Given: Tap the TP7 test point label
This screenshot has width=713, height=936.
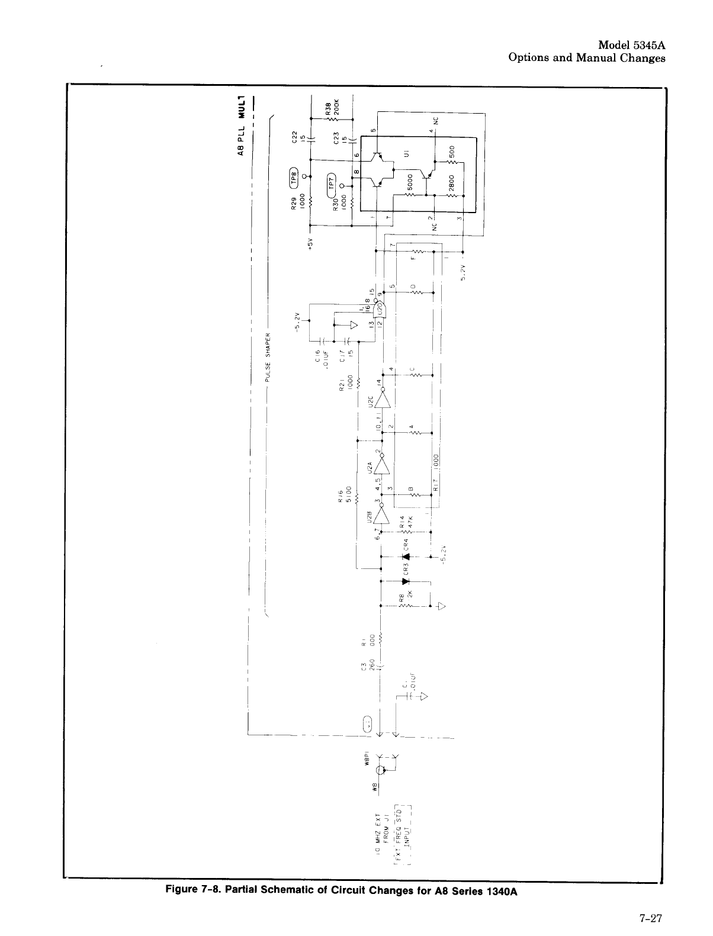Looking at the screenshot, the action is [x=332, y=184].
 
